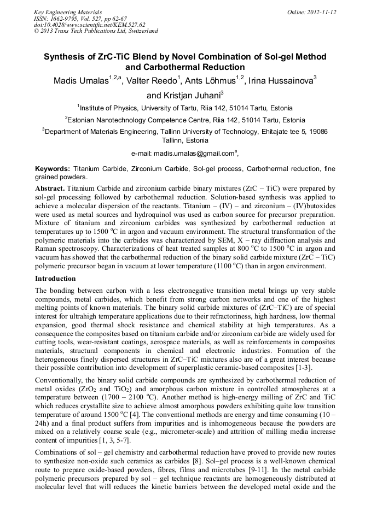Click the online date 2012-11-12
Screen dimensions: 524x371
(x=321, y=12)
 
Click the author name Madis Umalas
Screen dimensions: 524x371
(x=80, y=81)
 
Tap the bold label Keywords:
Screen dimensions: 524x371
(x=53, y=169)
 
